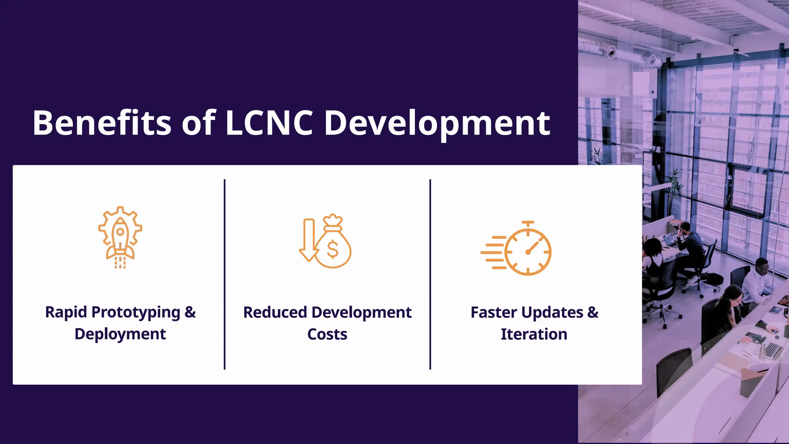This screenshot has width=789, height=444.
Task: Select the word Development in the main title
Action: click(437, 123)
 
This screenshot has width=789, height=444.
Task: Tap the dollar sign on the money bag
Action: click(332, 249)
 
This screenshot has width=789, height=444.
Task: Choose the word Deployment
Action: click(120, 334)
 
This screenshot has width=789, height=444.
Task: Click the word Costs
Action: click(327, 334)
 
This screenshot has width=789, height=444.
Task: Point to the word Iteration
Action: click(534, 334)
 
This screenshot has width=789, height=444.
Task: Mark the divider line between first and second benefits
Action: click(225, 274)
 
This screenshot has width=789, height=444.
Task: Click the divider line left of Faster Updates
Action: click(430, 274)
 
